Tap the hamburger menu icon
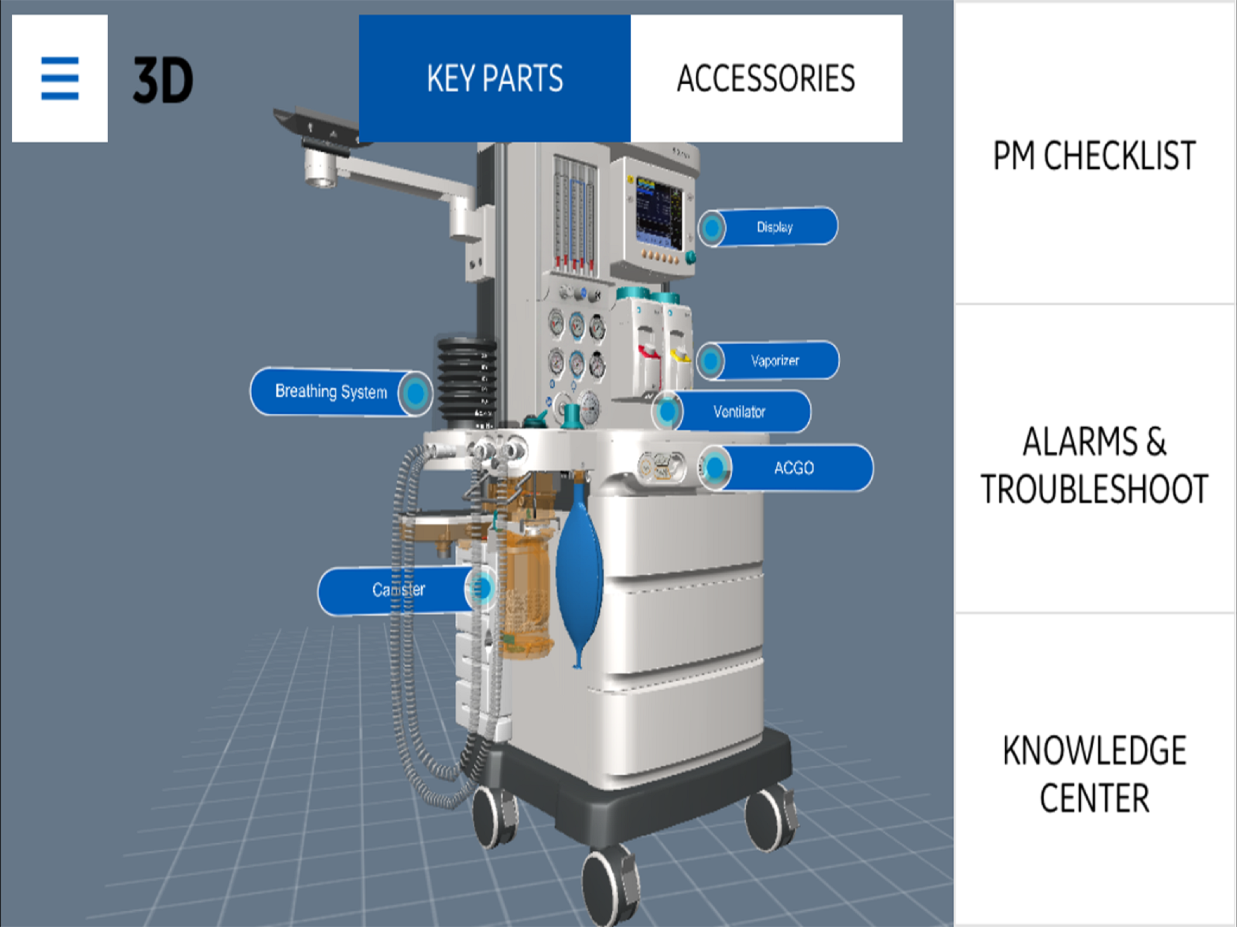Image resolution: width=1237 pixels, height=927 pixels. point(60,78)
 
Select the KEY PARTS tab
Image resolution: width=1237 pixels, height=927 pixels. point(495,78)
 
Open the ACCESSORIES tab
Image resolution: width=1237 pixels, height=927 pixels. point(767,78)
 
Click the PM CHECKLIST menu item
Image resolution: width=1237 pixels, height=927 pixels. point(1094,155)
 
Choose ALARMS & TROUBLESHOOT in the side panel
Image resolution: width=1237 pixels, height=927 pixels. point(1094,465)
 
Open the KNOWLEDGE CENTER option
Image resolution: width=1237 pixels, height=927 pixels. point(1094,774)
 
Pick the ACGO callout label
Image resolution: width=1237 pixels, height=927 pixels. point(786,468)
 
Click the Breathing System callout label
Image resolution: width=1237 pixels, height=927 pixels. point(341,392)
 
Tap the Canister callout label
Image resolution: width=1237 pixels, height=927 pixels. point(407,589)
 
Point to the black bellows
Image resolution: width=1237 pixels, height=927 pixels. point(466,382)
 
